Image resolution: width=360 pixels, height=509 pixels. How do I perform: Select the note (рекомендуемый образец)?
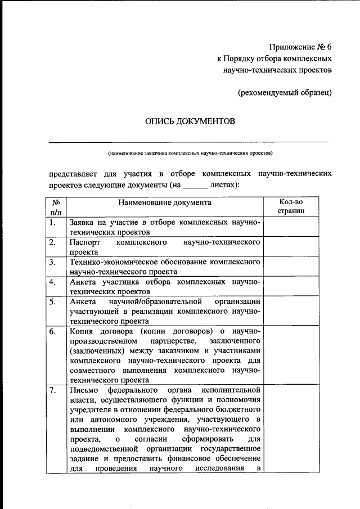point(285,92)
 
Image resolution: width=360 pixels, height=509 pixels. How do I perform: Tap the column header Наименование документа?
point(165,202)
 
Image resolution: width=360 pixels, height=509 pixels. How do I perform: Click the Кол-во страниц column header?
point(291,207)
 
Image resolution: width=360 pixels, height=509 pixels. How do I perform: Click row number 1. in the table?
point(52,223)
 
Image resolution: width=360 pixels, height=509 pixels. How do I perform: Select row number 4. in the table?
point(52,282)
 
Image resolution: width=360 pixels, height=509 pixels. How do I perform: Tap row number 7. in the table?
point(52,390)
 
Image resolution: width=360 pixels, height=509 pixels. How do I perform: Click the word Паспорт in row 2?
point(84,242)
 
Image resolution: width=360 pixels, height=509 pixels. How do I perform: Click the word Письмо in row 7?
point(84,390)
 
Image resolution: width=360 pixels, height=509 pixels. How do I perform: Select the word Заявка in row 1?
point(84,223)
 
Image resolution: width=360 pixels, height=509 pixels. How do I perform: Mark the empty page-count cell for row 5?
point(291,311)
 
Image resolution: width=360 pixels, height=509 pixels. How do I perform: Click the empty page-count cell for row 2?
point(291,247)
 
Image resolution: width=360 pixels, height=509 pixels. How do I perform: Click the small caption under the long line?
point(190,152)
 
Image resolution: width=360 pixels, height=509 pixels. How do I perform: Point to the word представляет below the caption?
point(76,174)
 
